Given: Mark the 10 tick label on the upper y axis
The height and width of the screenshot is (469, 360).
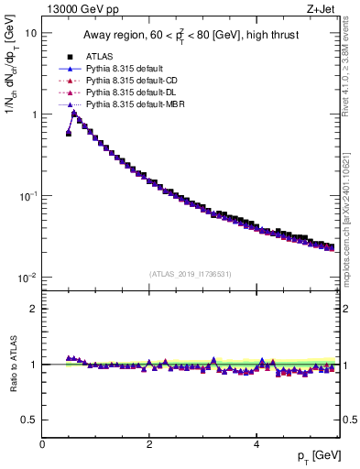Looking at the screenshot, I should point(29,34).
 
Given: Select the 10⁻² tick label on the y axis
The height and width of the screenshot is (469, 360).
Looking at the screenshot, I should point(27,278).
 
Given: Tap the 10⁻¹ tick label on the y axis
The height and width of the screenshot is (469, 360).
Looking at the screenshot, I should point(27,196).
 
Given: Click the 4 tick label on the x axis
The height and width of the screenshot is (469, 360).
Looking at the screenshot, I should point(256,444).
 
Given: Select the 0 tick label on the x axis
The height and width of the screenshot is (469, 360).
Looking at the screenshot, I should point(43,444).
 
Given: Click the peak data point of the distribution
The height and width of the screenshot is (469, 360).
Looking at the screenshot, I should point(74,114).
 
